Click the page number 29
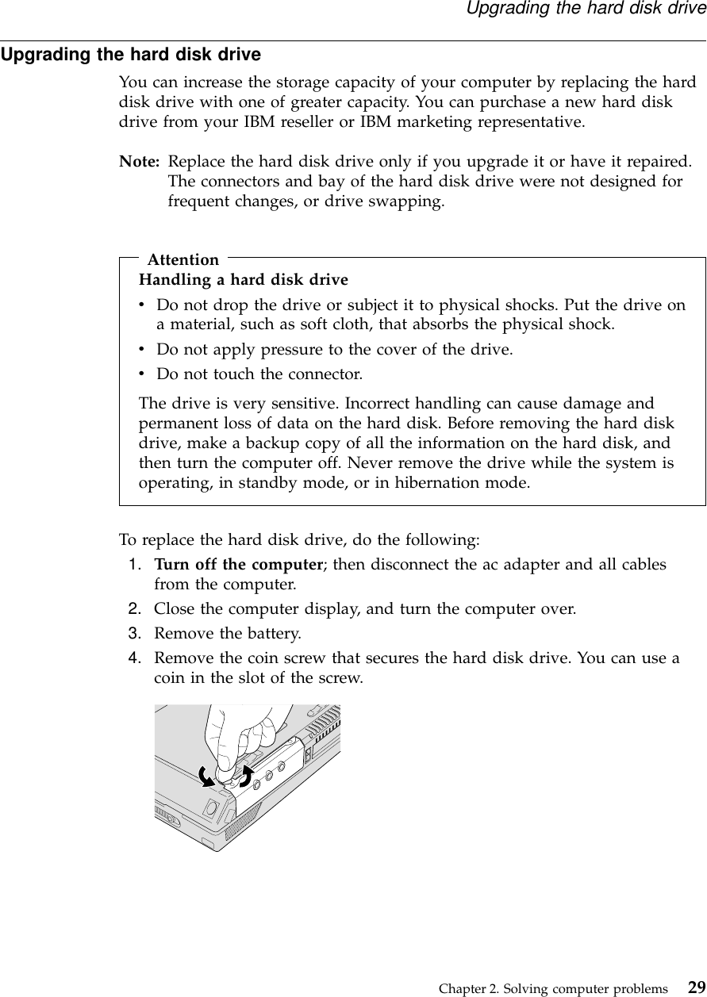click(x=696, y=987)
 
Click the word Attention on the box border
click(x=183, y=259)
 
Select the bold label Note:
click(x=139, y=163)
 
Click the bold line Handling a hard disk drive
click(x=244, y=279)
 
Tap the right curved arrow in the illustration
click(x=246, y=774)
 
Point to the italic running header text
click(x=585, y=9)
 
